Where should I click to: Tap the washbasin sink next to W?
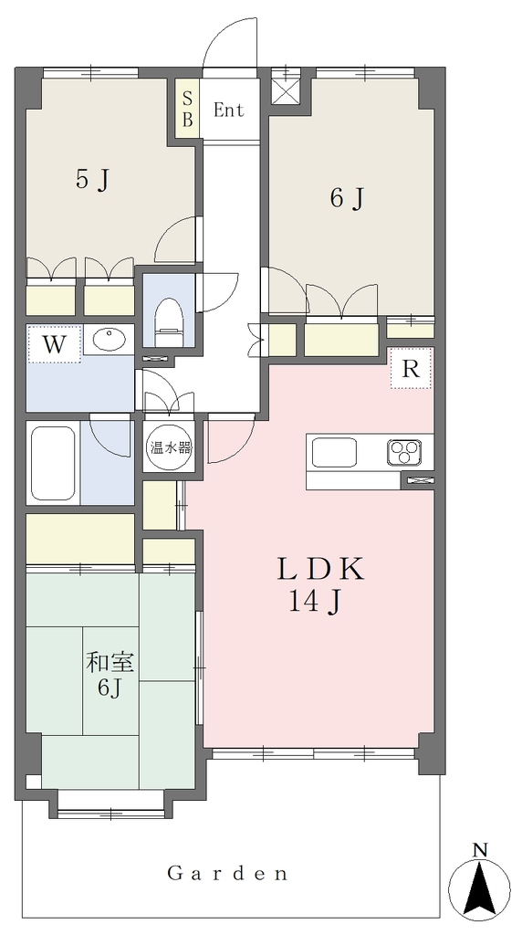tap(110, 341)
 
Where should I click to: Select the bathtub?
tap(53, 462)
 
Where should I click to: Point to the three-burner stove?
tap(403, 451)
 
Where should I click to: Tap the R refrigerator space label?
tap(410, 370)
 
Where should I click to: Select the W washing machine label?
tap(54, 345)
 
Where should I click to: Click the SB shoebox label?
tap(187, 110)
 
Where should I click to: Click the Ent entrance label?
tap(229, 110)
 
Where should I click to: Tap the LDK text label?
tap(319, 571)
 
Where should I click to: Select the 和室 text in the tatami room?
tap(110, 663)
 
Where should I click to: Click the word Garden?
tap(227, 874)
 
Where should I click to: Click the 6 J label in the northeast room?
tap(347, 198)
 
